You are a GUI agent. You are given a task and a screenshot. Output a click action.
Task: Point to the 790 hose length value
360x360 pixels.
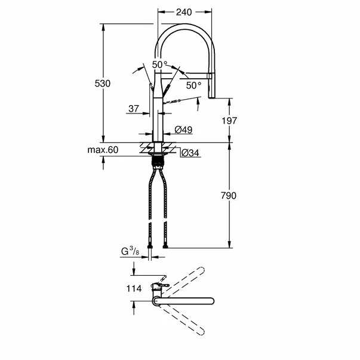(x=229, y=196)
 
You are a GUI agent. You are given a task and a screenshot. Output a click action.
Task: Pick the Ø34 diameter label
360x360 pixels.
(x=190, y=153)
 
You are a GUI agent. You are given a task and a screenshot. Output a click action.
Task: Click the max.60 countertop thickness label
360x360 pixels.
(x=103, y=150)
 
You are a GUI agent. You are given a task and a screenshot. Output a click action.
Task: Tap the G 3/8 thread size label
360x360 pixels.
(x=130, y=251)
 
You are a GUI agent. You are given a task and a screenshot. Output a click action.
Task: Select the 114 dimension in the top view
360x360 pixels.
(x=133, y=288)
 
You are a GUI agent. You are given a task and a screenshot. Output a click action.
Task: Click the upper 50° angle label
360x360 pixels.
(x=159, y=64)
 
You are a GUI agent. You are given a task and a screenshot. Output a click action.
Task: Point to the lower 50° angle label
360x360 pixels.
(x=193, y=85)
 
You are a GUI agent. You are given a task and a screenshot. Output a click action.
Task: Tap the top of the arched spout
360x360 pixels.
(x=184, y=26)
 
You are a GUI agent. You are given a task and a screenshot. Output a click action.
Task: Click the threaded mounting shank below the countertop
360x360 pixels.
(x=158, y=159)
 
